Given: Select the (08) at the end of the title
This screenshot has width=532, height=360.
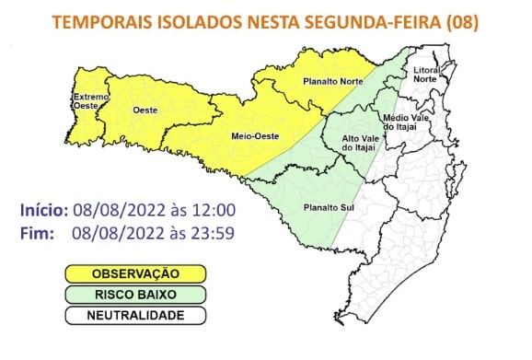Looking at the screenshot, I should point(461,23).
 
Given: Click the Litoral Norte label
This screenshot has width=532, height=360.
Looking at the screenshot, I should point(425,75).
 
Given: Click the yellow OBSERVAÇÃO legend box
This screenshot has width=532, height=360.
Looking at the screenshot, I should point(134,273).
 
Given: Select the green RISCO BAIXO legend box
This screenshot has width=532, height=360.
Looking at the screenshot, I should point(134,295).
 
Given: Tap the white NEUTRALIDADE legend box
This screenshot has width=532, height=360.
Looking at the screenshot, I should point(134,315).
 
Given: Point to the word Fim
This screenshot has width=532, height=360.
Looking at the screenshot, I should point(37,232).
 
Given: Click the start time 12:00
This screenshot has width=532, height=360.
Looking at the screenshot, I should point(217,210).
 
